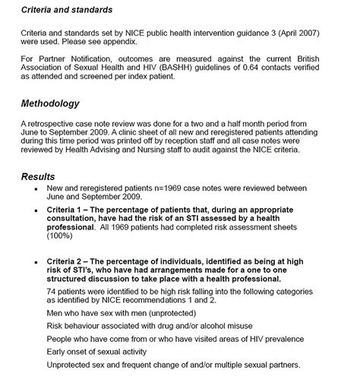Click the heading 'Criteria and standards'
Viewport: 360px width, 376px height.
click(66, 10)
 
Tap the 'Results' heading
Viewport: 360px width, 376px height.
click(38, 176)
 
